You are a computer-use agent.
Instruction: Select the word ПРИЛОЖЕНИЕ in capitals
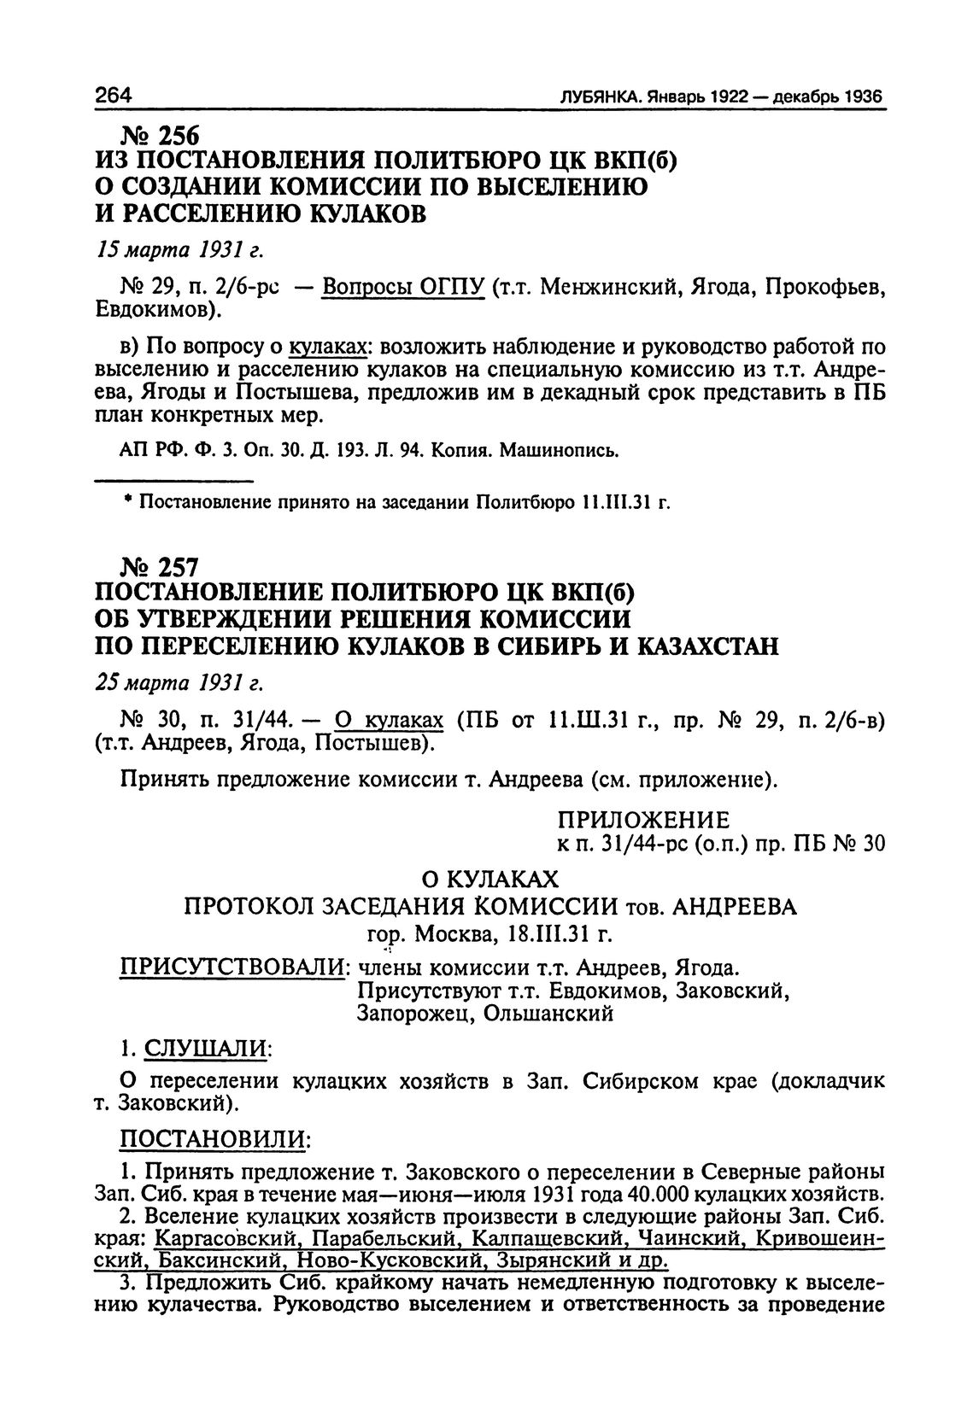click(643, 821)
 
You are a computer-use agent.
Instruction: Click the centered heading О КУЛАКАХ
click(490, 879)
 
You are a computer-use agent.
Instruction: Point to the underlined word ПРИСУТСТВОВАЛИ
click(232, 968)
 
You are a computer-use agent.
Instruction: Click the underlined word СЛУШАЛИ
click(206, 1046)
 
